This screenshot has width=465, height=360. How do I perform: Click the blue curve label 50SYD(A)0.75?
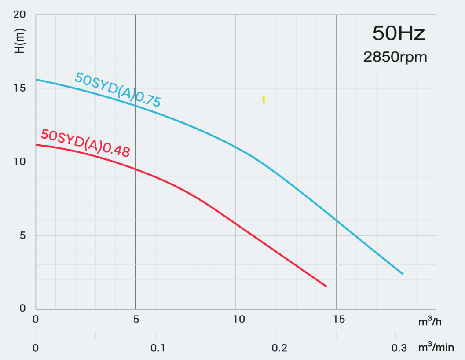tap(118, 90)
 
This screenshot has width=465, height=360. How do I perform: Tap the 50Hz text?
tap(399, 33)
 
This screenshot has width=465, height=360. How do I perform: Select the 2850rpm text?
tap(395, 57)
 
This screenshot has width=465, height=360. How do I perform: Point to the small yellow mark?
tap(264, 99)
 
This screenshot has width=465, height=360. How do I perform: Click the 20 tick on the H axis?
tap(20, 15)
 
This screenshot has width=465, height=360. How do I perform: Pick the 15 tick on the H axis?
tap(20, 88)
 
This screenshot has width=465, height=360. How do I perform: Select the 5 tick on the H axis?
tap(22, 235)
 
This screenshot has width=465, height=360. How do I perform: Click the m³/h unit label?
tap(429, 322)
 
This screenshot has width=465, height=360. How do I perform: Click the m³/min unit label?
tap(435, 348)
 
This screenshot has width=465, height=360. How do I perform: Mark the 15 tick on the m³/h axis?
tap(338, 319)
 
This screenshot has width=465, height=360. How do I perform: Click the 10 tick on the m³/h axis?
tap(238, 319)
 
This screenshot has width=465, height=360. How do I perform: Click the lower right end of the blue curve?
tap(402, 274)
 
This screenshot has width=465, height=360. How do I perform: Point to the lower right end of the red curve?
tap(326, 287)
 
